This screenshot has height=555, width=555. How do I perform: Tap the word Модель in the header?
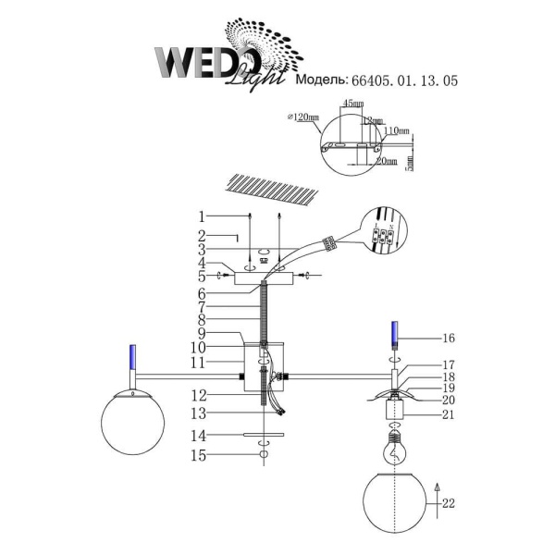coord(320,81)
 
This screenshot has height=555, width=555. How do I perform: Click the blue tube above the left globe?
coord(133,356)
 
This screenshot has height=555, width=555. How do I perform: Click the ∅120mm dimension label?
coord(303,118)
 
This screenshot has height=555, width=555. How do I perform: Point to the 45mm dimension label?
coord(353,105)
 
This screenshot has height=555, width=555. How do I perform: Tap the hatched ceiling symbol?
coord(276,191)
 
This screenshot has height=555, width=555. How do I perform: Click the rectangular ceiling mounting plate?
coord(265,277)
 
